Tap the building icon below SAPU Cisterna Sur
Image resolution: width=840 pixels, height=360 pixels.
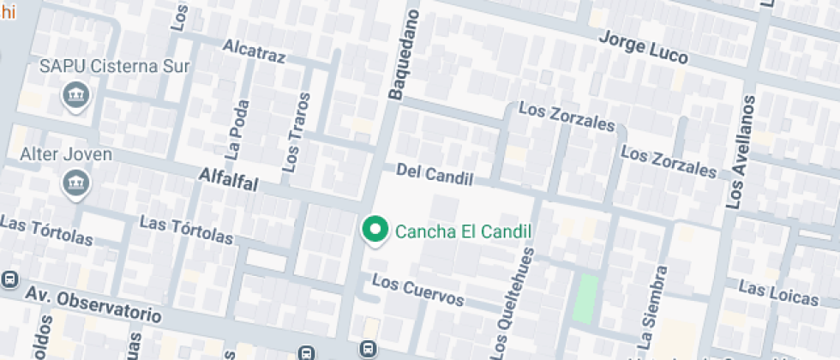click(x=75, y=95)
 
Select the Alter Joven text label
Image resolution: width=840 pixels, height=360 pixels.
click(x=66, y=154)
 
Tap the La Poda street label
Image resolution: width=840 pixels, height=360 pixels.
click(x=237, y=130)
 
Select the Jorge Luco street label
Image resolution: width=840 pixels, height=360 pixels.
click(x=643, y=49)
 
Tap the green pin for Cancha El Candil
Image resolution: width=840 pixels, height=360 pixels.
click(x=374, y=229)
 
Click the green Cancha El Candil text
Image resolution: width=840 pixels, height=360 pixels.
click(x=463, y=231)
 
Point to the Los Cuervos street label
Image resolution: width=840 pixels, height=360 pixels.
click(x=418, y=291)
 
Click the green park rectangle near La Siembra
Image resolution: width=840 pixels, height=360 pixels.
click(x=585, y=298)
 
